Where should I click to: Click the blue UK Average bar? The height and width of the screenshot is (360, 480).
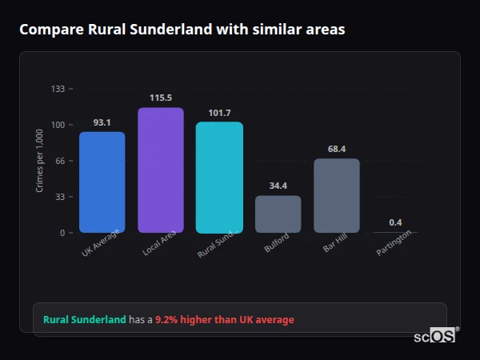pyautogui.click(x=102, y=182)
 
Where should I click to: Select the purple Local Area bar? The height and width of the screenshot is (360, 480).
pyautogui.click(x=161, y=170)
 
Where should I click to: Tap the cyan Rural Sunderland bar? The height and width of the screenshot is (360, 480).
pyautogui.click(x=219, y=178)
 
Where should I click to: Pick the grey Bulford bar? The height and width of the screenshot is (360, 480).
pyautogui.click(x=278, y=214)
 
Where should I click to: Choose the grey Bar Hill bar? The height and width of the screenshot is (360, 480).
pyautogui.click(x=336, y=196)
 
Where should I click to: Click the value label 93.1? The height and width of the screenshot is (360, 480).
pyautogui.click(x=102, y=122)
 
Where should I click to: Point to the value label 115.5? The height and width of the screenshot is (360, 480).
pyautogui.click(x=161, y=98)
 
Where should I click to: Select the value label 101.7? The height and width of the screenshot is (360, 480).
pyautogui.click(x=219, y=113)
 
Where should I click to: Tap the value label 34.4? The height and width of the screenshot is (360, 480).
pyautogui.click(x=278, y=186)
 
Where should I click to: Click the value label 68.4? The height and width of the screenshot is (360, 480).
pyautogui.click(x=336, y=149)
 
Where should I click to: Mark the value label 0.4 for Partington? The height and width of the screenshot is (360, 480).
pyautogui.click(x=395, y=222)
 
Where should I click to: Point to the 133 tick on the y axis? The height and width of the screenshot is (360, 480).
pyautogui.click(x=58, y=89)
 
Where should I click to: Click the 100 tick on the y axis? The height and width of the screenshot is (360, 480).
pyautogui.click(x=58, y=125)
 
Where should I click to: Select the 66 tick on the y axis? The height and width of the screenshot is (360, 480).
pyautogui.click(x=59, y=161)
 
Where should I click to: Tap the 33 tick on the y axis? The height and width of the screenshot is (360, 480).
pyautogui.click(x=59, y=197)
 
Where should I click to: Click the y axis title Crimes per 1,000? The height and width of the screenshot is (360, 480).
pyautogui.click(x=40, y=160)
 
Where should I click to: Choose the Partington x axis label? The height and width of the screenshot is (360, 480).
pyautogui.click(x=394, y=242)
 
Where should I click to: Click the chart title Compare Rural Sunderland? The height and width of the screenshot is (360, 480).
pyautogui.click(x=182, y=30)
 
